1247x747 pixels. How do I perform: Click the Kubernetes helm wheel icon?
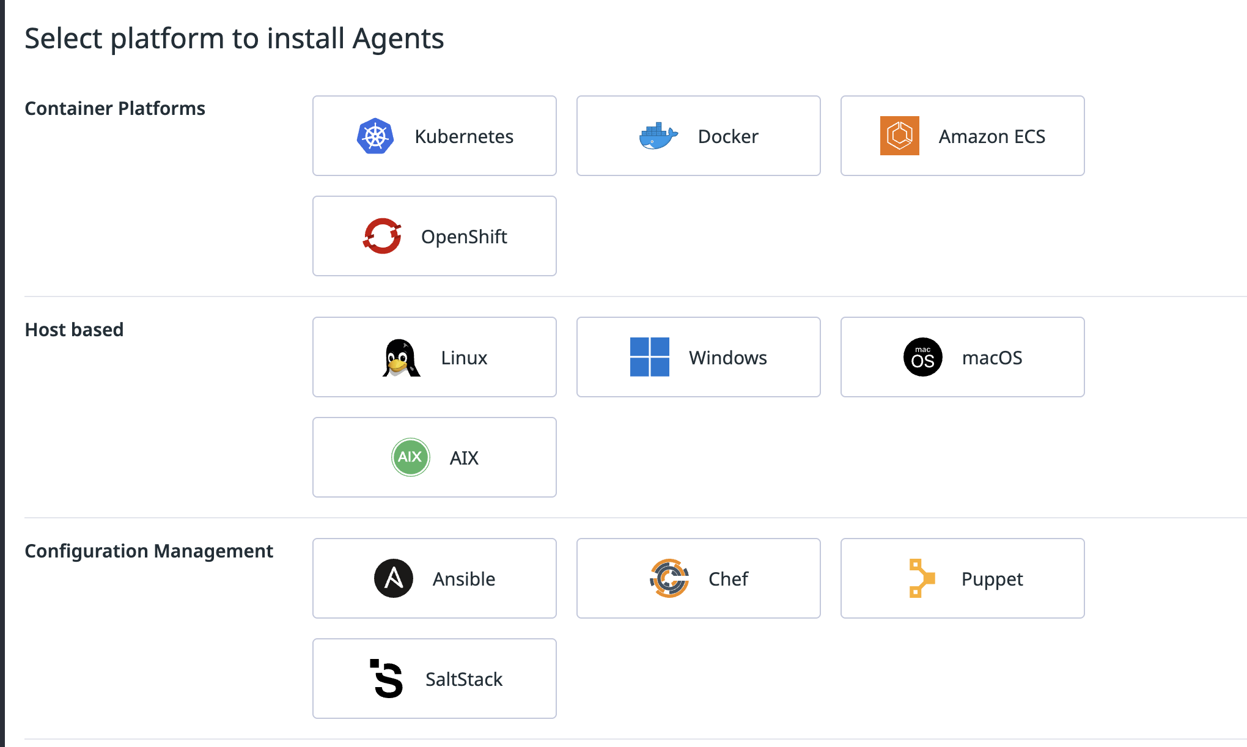(375, 136)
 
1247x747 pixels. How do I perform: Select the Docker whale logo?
(658, 136)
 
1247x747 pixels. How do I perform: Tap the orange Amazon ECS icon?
(899, 136)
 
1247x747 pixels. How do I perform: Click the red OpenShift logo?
(382, 236)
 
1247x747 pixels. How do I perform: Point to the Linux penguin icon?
(401, 358)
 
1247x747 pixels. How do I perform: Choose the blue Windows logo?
(649, 357)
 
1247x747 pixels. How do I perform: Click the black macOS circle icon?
(922, 357)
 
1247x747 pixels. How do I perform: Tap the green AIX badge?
(410, 457)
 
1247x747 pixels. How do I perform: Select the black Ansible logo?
(394, 578)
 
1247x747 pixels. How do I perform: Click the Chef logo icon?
(669, 578)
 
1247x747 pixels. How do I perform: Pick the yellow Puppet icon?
(921, 578)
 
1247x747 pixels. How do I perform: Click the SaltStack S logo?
(388, 679)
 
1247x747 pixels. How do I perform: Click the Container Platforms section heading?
(115, 108)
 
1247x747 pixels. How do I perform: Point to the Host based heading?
(74, 329)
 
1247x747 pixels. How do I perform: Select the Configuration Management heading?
(149, 551)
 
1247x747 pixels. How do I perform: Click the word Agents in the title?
(398, 39)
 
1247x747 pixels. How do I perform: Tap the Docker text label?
(728, 136)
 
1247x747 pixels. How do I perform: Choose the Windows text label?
(727, 358)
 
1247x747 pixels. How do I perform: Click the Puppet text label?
(991, 579)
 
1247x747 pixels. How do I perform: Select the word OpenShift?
(464, 237)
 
